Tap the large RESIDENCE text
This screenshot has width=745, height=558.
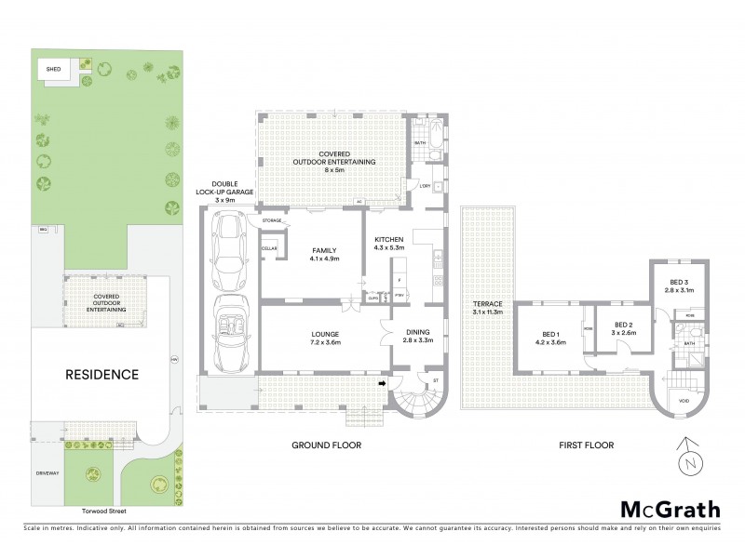[x=102, y=375]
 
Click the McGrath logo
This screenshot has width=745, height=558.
[x=670, y=509]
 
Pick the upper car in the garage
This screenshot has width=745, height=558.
[x=227, y=252]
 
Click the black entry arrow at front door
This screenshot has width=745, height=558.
[x=382, y=382]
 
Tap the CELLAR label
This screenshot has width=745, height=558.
[x=270, y=249]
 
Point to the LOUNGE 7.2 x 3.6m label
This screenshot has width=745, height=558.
[x=325, y=337]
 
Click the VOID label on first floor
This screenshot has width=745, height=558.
[x=684, y=401]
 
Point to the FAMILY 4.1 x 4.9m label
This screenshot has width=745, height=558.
[x=323, y=253]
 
